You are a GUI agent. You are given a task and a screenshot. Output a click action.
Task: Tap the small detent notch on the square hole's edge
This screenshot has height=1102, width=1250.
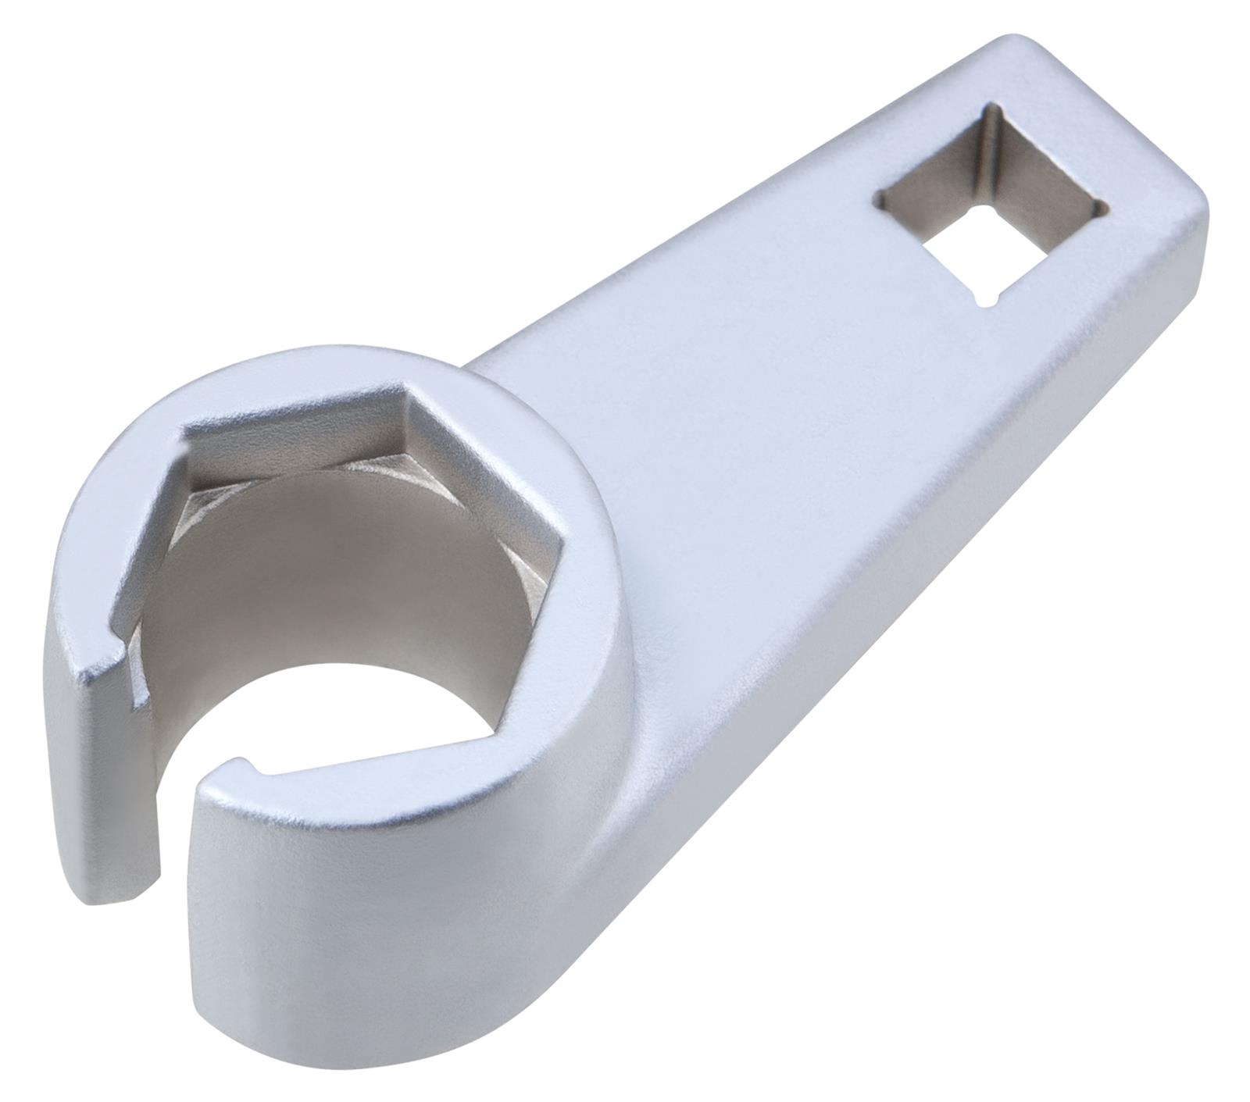tap(985, 298)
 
